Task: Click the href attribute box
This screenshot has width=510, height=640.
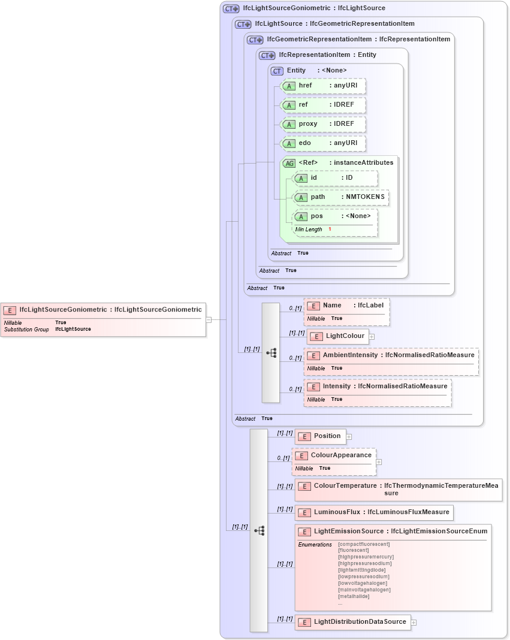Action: pos(323,86)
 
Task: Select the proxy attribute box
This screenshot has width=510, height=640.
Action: pos(323,125)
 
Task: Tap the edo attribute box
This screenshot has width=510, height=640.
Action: pos(323,144)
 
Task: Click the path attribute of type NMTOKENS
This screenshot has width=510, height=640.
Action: pos(340,197)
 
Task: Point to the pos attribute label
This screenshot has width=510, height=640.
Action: pos(316,216)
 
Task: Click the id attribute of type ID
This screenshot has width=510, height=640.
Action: pos(335,178)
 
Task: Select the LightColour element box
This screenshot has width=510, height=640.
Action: pos(338,336)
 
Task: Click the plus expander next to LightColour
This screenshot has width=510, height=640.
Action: pos(372,337)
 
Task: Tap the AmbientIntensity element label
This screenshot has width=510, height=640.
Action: pos(350,355)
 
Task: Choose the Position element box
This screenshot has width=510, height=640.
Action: pos(321,436)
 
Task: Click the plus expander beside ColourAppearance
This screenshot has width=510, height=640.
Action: pos(379,462)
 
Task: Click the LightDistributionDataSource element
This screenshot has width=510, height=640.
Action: pos(353,622)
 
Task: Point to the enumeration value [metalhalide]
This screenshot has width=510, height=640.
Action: pos(354,596)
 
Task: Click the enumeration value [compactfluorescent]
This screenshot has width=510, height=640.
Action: pos(364,544)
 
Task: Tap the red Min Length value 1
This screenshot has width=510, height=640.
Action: pos(330,230)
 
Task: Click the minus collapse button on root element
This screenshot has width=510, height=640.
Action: pos(209,320)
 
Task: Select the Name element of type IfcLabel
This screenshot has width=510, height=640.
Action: pos(346,306)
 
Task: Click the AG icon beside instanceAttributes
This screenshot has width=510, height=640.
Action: pos(289,163)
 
